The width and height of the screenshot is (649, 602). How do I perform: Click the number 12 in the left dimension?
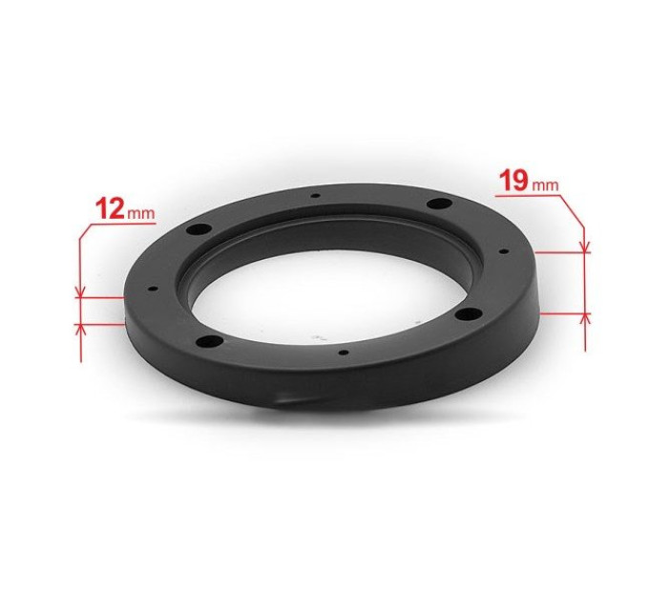pyautogui.click(x=110, y=208)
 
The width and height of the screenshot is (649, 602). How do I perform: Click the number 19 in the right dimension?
pyautogui.click(x=513, y=181)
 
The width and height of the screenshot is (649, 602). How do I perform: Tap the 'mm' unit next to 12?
pyautogui.click(x=141, y=214)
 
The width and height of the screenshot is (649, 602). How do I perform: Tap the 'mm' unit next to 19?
pyautogui.click(x=545, y=186)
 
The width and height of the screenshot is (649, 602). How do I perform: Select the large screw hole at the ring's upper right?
pyautogui.click(x=439, y=204)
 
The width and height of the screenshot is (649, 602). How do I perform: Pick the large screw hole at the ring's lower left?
pyautogui.click(x=209, y=342)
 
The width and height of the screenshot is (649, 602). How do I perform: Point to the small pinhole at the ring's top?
pyautogui.click(x=316, y=196)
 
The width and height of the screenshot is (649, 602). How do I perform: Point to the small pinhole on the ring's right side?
pyautogui.click(x=504, y=251)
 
